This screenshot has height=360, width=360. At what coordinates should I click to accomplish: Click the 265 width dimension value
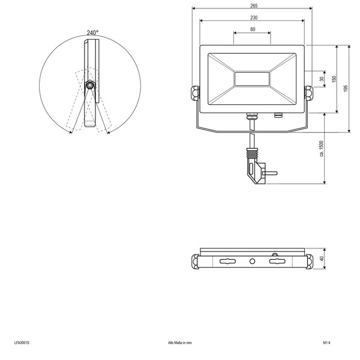tap(254, 6)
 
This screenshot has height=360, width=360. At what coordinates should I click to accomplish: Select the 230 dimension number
tap(254, 17)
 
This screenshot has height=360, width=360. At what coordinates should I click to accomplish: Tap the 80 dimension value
tap(253, 29)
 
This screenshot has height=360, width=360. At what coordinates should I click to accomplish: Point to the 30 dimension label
tap(322, 79)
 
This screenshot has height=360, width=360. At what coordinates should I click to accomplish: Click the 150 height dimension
tap(334, 79)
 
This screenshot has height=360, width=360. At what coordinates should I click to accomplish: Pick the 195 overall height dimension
tap(346, 88)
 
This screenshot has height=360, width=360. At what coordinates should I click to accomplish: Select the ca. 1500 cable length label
tap(321, 149)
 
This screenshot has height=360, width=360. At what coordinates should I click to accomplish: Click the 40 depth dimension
tap(322, 259)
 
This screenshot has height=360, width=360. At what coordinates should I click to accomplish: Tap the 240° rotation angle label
tap(92, 33)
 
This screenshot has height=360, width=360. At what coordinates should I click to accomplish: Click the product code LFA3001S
tap(22, 343)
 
